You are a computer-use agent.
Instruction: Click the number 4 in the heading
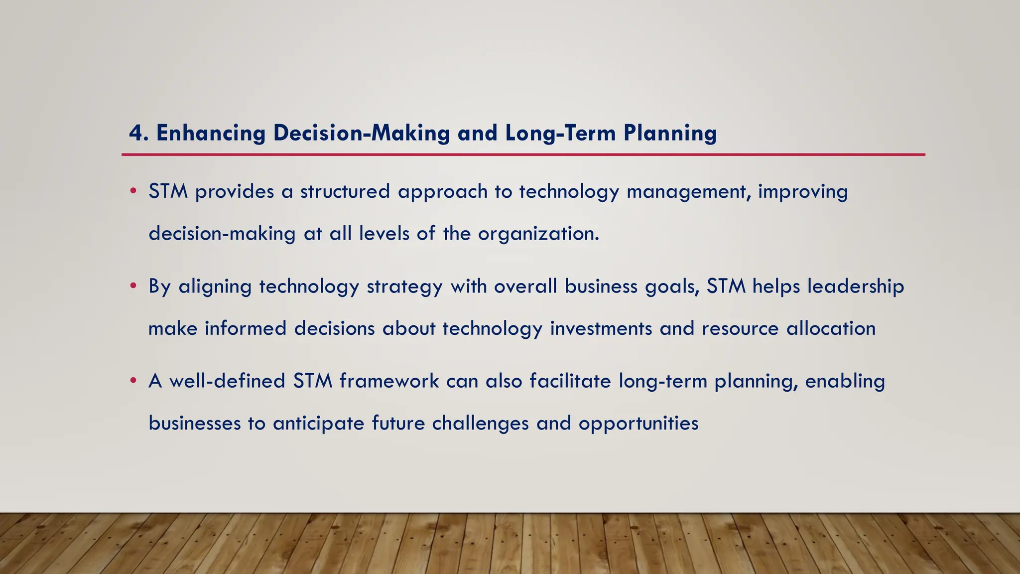coord(135,133)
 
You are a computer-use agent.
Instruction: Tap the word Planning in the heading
coord(670,133)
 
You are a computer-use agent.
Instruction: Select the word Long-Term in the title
coord(560,133)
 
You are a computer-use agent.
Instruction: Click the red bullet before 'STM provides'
coord(133,191)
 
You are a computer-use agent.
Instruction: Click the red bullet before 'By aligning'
coord(133,286)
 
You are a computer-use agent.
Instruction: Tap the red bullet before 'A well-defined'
coord(133,381)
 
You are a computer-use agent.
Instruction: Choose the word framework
coord(389,381)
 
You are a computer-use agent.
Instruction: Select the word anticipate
coord(318,424)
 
